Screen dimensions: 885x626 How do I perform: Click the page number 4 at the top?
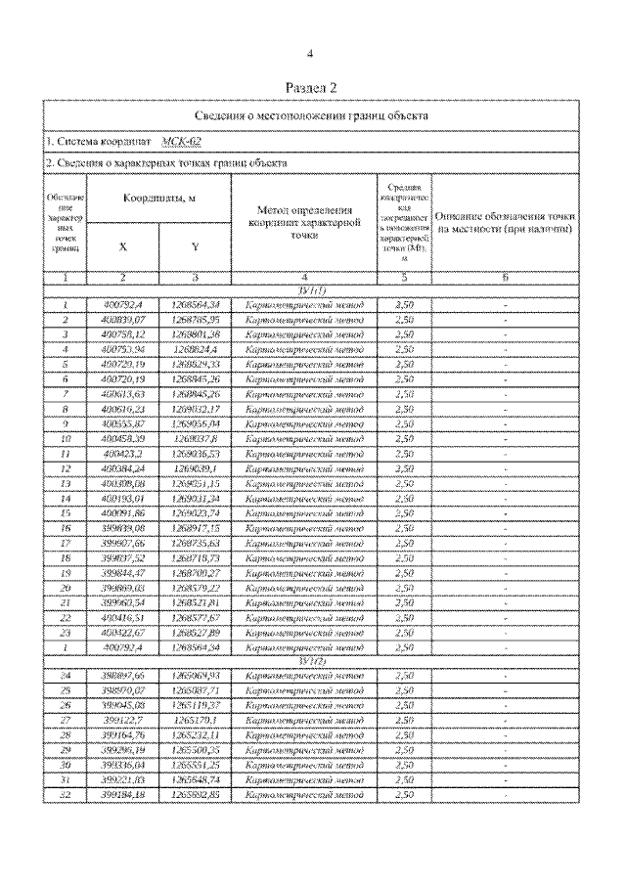click(310, 54)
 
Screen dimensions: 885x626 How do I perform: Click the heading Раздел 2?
click(311, 89)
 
